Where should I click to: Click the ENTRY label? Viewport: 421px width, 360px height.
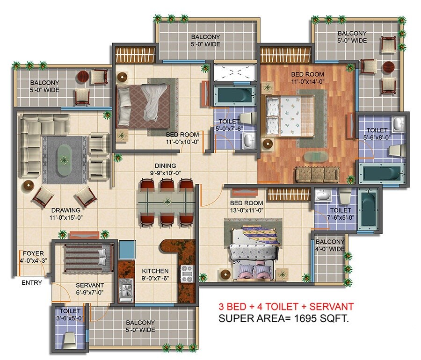(x=31, y=282)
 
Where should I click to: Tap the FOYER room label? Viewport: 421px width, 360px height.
(x=32, y=257)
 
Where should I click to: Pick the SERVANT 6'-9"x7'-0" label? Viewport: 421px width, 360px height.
(x=90, y=288)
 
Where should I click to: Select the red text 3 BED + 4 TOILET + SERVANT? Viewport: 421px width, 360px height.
(x=286, y=307)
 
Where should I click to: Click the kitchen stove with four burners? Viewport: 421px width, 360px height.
(x=187, y=273)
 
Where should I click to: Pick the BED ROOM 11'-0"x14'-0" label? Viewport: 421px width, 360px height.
(x=307, y=78)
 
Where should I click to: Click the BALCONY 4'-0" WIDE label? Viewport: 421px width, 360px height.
(x=330, y=245)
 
